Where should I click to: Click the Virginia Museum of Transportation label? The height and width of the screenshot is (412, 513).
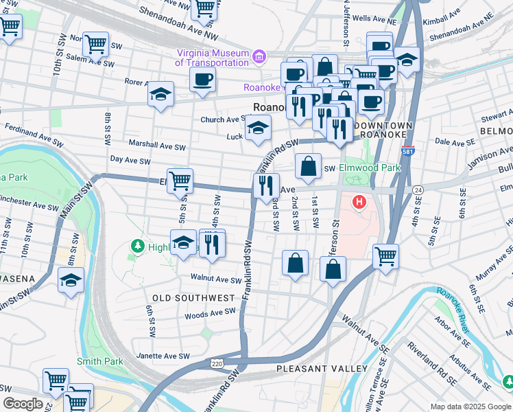click(211, 58)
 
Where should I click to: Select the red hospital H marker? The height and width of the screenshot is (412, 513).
click(358, 203)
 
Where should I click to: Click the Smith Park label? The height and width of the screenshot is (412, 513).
click(99, 360)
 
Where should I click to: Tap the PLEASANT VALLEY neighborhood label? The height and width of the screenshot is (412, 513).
click(312, 369)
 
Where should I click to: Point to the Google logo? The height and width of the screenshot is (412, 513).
click(23, 404)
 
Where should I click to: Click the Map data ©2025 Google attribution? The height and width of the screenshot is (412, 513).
click(470, 407)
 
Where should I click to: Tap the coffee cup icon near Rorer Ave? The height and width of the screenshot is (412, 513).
click(202, 80)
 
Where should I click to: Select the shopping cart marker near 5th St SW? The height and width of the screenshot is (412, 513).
click(180, 181)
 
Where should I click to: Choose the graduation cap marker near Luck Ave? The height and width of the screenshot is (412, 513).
click(258, 128)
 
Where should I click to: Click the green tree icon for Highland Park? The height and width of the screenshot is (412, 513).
click(138, 245)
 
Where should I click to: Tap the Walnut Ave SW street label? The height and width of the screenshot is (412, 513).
click(217, 280)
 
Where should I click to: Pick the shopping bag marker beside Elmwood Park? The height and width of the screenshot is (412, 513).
click(309, 165)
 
